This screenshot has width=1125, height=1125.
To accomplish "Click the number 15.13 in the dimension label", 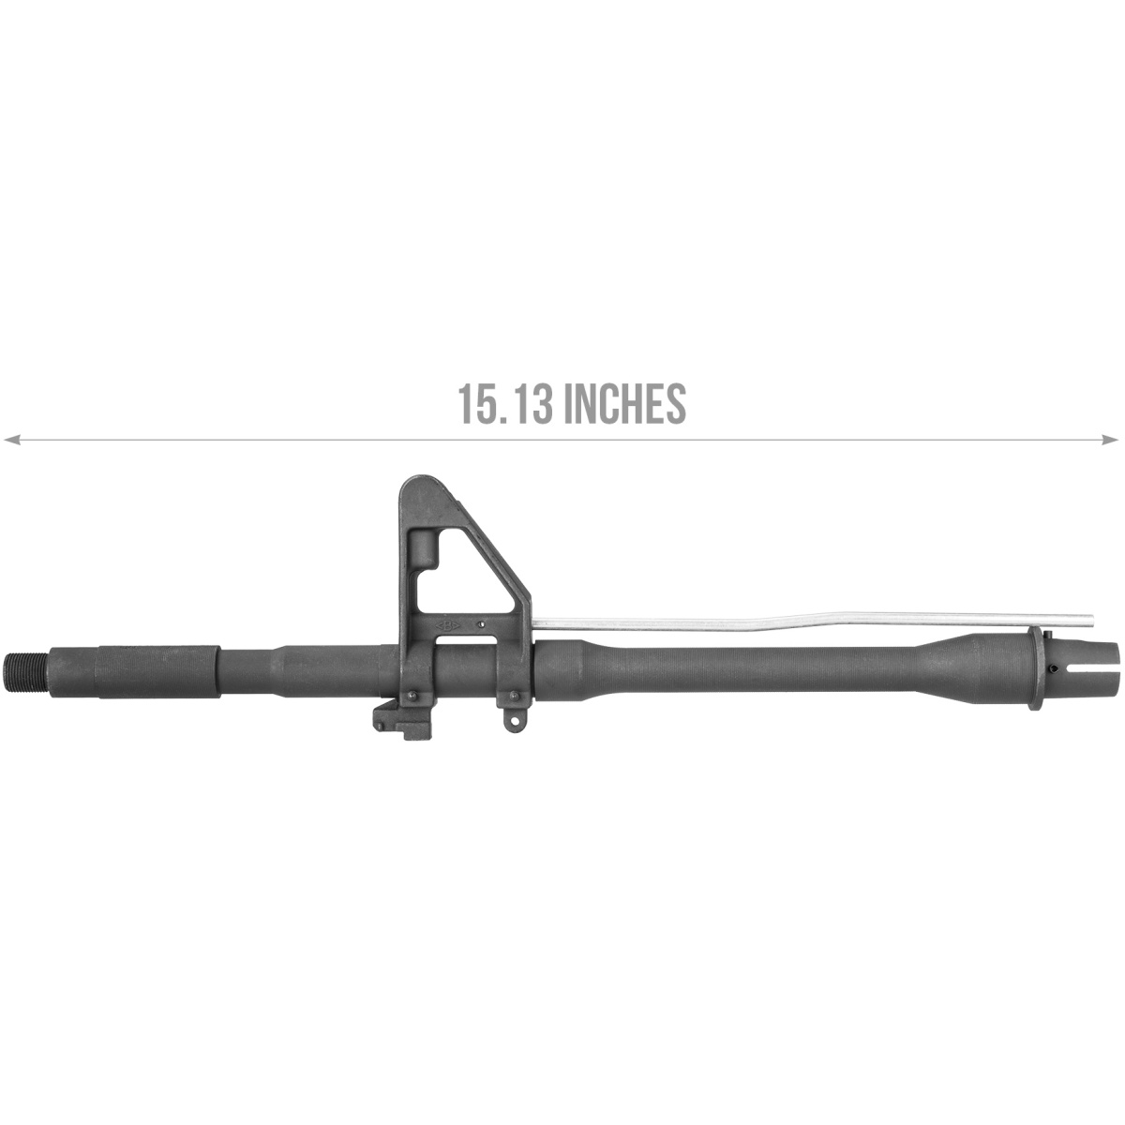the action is tap(506, 403).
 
